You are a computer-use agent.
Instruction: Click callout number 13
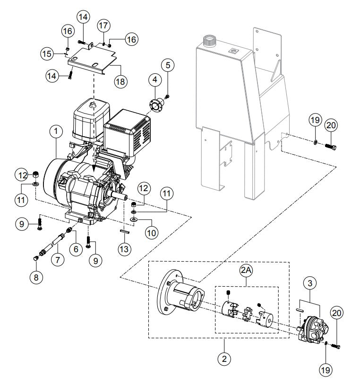pyautogui.click(x=169, y=65)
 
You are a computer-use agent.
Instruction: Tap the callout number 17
pyautogui.click(x=103, y=24)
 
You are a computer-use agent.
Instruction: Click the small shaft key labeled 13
pyautogui.click(x=124, y=231)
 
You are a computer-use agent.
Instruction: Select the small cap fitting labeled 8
pyautogui.click(x=36, y=258)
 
